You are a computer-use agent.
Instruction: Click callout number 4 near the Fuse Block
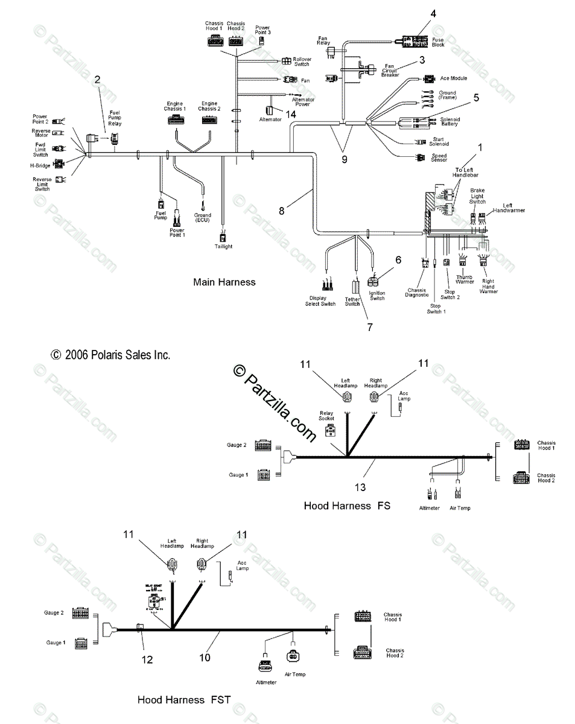433,13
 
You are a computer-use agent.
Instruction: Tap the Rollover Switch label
302,62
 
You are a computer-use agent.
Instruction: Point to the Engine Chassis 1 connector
176,120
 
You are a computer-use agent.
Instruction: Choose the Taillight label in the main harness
223,246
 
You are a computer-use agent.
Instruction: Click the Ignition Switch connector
374,281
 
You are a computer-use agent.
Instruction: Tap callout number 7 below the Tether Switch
370,327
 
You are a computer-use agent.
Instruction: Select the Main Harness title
224,282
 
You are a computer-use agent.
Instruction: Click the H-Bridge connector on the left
59,164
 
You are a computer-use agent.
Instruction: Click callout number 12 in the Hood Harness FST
147,660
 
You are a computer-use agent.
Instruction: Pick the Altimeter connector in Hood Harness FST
265,665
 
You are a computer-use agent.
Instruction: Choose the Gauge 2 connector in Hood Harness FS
262,445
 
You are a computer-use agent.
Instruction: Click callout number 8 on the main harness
281,211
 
